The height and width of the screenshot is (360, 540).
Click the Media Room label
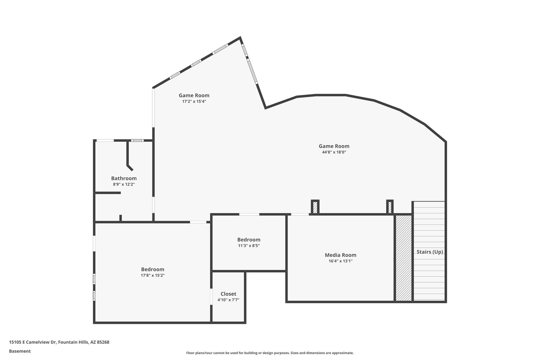pyautogui.click(x=340, y=255)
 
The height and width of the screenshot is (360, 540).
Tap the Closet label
pyautogui.click(x=228, y=294)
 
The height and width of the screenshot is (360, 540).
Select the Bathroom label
pyautogui.click(x=124, y=178)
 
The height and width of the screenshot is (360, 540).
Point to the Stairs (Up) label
pyautogui.click(x=430, y=252)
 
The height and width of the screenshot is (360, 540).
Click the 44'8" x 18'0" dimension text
pyautogui.click(x=334, y=152)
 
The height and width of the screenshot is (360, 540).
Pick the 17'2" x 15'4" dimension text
pyautogui.click(x=194, y=101)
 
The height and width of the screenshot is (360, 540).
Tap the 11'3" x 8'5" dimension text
pyautogui.click(x=249, y=246)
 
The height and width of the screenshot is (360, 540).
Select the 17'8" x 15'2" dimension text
pyautogui.click(x=153, y=275)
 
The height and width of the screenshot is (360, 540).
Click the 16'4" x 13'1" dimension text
pyautogui.click(x=340, y=261)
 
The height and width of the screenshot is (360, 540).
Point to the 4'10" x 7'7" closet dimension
pyautogui.click(x=228, y=300)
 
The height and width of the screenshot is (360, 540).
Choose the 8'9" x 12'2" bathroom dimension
pyautogui.click(x=124, y=184)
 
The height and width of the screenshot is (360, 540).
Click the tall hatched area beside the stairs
pyautogui.click(x=403, y=258)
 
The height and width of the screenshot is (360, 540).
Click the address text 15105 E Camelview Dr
pyautogui.click(x=59, y=342)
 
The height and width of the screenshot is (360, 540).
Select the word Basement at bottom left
pyautogui.click(x=20, y=351)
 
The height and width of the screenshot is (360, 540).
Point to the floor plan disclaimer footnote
pyautogui.click(x=270, y=353)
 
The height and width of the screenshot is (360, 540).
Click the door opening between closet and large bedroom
pyautogui.click(x=211, y=297)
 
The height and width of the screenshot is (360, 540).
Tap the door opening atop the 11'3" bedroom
pyautogui.click(x=249, y=214)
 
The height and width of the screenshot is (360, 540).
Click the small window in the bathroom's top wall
pyautogui.click(x=137, y=140)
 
